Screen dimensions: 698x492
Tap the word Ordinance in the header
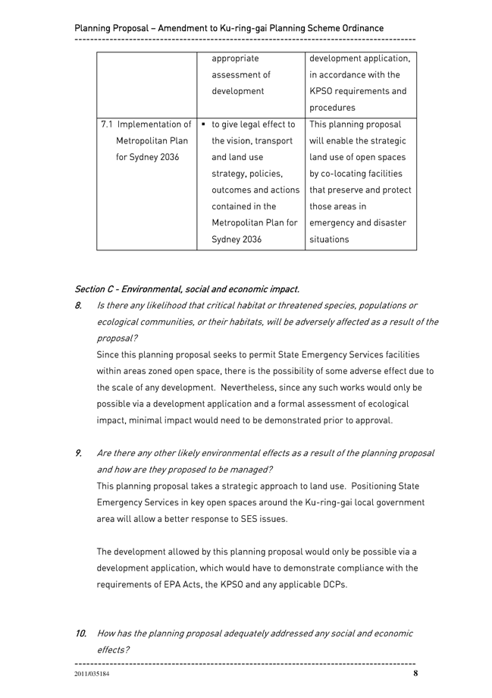[x=358, y=29]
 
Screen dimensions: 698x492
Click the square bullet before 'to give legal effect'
[x=205, y=124]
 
